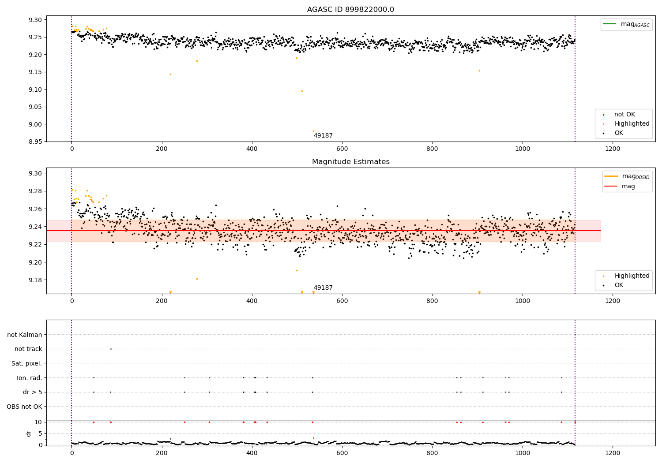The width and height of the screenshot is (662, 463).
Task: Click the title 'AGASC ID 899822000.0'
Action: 350,10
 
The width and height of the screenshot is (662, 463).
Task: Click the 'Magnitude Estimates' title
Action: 350,162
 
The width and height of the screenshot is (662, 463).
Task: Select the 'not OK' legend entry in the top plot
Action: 624,115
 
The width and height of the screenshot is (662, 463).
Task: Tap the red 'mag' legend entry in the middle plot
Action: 628,187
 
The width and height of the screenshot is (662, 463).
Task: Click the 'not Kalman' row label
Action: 25,335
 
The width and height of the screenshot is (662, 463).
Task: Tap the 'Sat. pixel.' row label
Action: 26,363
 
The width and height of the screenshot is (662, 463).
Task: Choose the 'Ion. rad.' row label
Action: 29,378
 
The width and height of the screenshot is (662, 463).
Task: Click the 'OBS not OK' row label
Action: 24,407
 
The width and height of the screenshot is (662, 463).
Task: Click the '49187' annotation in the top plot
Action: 323,136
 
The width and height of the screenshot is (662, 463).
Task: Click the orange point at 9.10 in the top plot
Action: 302,91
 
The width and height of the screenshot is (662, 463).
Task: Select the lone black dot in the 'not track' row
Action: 111,349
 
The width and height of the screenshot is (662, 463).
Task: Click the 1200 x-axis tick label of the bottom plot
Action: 613,452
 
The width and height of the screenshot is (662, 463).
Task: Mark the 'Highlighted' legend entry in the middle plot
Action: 632,276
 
